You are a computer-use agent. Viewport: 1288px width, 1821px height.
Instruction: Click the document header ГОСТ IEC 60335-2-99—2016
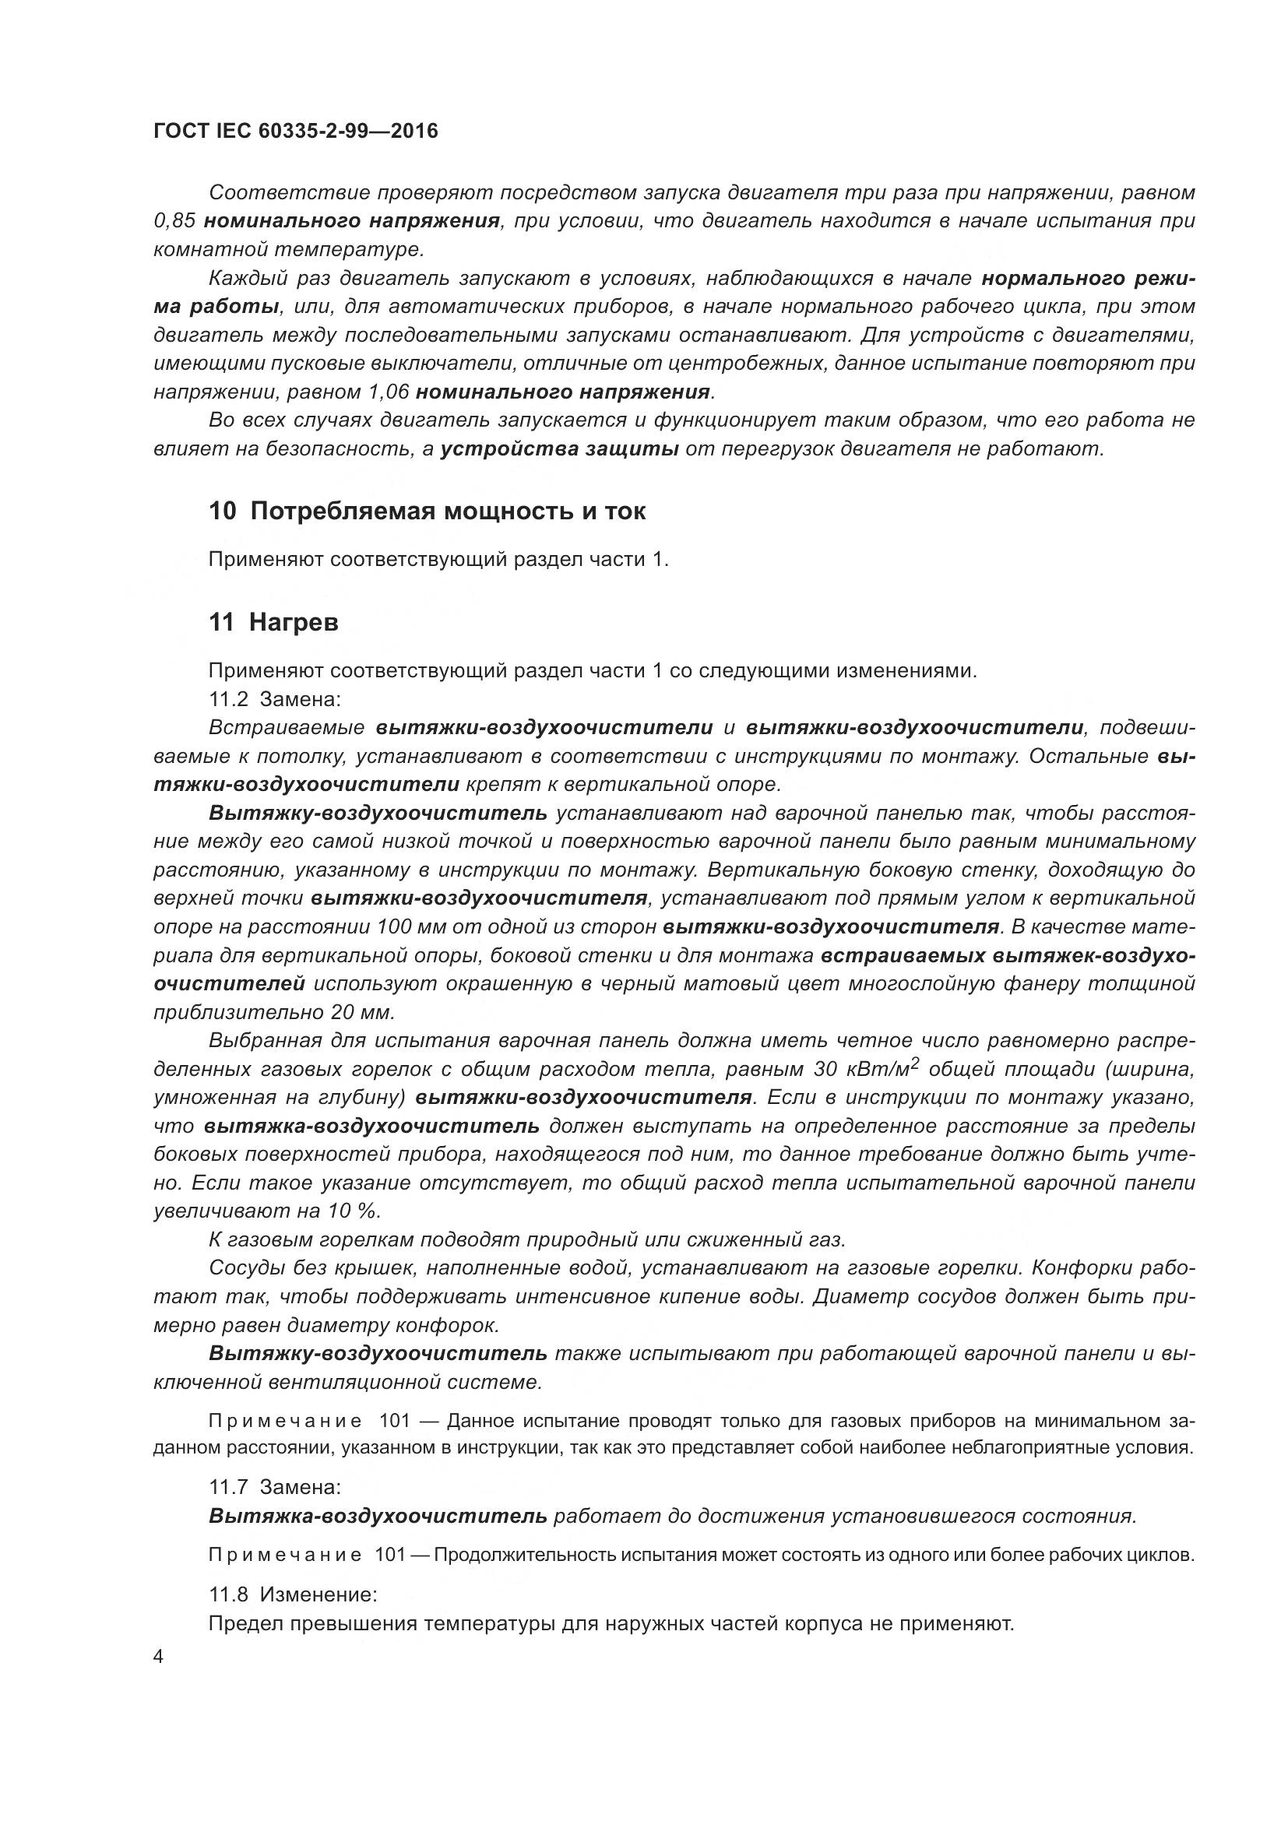click(296, 131)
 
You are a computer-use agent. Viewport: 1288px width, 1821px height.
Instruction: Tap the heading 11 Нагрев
click(273, 623)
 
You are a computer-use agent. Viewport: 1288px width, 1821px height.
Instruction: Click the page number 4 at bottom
click(159, 1657)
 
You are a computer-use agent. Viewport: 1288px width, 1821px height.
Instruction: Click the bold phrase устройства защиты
click(559, 450)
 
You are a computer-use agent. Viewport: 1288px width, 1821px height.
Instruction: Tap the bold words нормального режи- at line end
click(1087, 279)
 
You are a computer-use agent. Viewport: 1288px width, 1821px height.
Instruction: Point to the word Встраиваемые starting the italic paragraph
click(287, 727)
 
